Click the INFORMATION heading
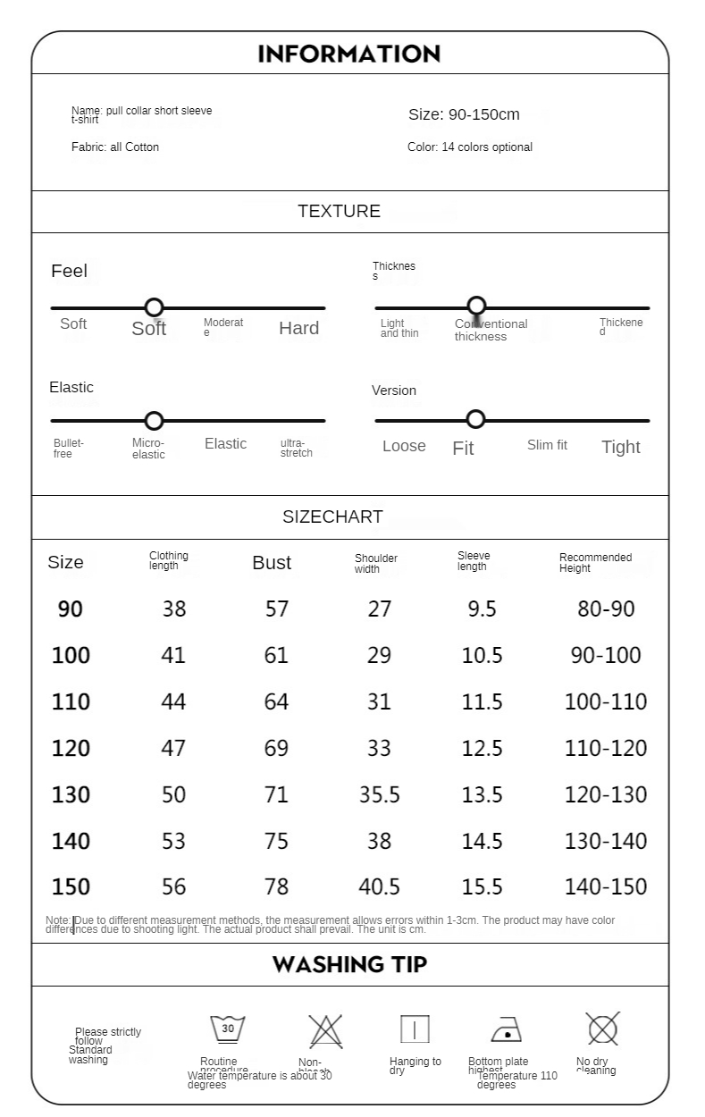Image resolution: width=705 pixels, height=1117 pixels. tap(349, 54)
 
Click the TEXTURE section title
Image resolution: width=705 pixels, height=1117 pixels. tap(339, 212)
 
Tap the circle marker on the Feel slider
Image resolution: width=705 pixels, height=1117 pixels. tap(154, 307)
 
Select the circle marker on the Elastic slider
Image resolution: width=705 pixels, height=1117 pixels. tap(154, 420)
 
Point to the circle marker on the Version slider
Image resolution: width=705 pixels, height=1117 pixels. tap(475, 419)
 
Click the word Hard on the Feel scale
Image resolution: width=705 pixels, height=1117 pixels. tap(298, 328)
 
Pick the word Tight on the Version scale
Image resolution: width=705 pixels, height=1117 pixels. tap(620, 447)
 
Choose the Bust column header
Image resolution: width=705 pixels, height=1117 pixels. tap(272, 563)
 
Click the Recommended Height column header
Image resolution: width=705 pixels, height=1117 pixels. tap(595, 563)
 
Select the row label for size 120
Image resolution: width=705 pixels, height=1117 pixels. tap(71, 748)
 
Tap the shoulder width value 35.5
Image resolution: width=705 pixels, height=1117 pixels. tap(379, 794)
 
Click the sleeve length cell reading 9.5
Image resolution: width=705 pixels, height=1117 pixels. tap(482, 609)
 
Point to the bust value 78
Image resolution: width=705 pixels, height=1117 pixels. tap(276, 886)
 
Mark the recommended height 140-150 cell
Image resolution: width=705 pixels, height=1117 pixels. tap(605, 886)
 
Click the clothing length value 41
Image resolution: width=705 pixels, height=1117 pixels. tap(173, 655)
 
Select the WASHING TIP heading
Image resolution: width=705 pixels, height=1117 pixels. tap(349, 965)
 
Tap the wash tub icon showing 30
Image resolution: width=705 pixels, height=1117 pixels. tap(228, 1029)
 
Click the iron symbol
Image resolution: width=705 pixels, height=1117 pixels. tap(507, 1030)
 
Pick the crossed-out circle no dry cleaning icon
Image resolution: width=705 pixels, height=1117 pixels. tap(603, 1029)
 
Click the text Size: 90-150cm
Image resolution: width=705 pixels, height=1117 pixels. tap(464, 114)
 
